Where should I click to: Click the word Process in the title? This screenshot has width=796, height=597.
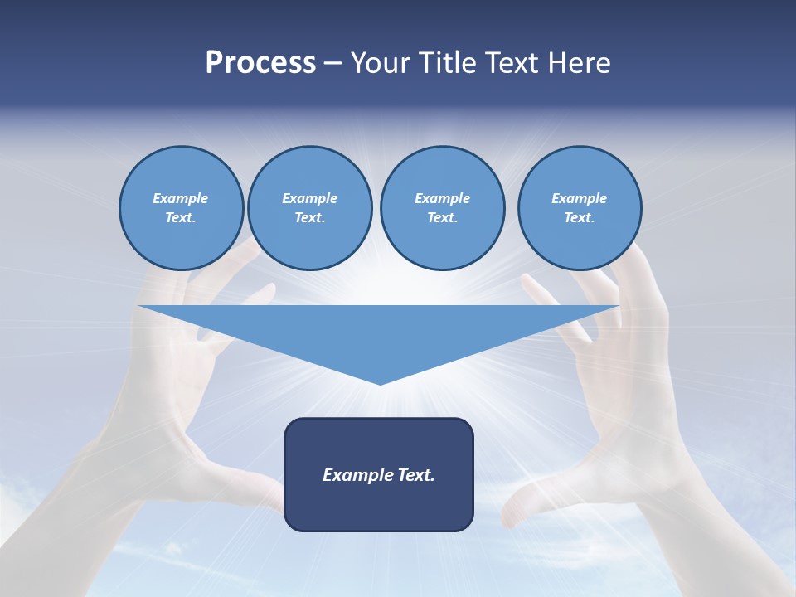click(260, 62)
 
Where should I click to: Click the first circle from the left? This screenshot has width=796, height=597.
click(181, 208)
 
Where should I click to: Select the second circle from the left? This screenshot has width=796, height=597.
click(310, 208)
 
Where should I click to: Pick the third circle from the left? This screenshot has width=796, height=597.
click(442, 208)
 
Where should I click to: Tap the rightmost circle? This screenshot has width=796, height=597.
click(580, 208)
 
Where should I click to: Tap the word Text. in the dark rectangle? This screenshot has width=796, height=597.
click(416, 475)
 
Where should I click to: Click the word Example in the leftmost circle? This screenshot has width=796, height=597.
click(181, 198)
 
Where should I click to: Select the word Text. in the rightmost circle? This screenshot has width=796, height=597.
click(580, 218)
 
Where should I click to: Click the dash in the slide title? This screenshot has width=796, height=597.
click(333, 63)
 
